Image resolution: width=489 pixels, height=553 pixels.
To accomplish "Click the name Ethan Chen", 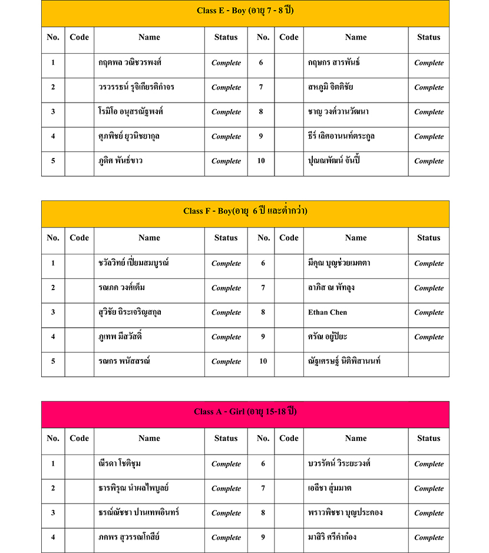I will pos(328,312).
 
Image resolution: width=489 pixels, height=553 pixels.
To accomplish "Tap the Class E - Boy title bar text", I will pos(245,11).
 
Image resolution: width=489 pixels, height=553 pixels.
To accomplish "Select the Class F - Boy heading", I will pos(245,211).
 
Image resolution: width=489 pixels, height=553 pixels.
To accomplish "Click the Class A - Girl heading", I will pos(245,412).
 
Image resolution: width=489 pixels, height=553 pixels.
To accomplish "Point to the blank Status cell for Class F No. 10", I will pos(428,361).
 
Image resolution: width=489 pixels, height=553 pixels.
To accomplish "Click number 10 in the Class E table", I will pos(261,160).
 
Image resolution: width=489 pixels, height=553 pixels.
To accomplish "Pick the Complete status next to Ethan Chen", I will pos(428,312).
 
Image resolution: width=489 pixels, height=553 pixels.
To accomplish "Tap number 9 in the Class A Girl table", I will pos(263,537).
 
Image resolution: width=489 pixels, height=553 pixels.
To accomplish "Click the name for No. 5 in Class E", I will pos(121,160).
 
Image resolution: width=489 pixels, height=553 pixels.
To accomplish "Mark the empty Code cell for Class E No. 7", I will pos(289,87).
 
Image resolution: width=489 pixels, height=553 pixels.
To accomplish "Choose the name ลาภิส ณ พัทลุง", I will pos(331,288).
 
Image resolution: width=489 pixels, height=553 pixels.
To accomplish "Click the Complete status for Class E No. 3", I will pos(226,112).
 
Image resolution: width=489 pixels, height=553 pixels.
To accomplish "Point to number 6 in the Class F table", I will pos(263,264).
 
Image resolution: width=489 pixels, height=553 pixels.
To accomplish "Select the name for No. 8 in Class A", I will pos(345,512).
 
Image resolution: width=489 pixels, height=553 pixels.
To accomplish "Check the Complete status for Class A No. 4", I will pos(226,537).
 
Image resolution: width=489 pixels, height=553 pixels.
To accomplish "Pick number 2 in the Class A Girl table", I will pos(53,488).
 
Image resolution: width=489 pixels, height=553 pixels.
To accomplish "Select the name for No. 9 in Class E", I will pos(341,136).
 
